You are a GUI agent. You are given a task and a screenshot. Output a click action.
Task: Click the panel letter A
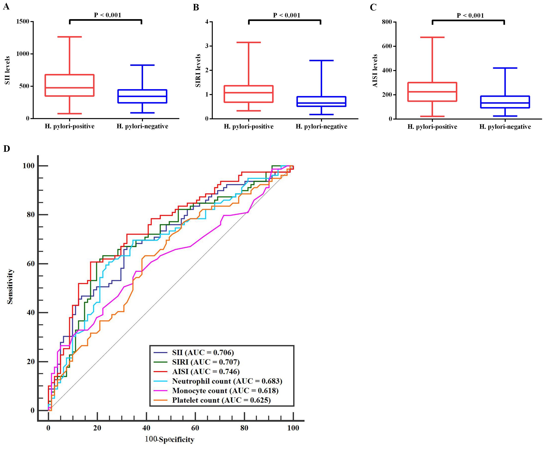(x=6, y=6)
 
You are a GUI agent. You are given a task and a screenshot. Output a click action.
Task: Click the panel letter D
(x=6, y=149)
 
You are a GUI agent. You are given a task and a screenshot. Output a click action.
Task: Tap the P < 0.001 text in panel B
(x=286, y=15)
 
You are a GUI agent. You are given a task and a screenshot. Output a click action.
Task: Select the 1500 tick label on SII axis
(x=23, y=21)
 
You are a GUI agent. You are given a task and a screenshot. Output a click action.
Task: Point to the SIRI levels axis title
(x=198, y=70)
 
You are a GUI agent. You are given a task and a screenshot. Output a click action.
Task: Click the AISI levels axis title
(x=375, y=71)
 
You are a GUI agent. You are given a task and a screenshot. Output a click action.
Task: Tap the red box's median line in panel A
(x=70, y=88)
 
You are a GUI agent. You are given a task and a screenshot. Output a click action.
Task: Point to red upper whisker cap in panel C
(x=432, y=37)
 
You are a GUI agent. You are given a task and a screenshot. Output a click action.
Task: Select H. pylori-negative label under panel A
(x=142, y=126)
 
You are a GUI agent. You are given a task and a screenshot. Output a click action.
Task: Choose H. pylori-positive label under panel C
(x=432, y=127)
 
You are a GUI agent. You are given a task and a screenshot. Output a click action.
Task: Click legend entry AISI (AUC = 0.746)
(x=206, y=372)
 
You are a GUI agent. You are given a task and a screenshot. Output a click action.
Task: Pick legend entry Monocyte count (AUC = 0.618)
(x=225, y=391)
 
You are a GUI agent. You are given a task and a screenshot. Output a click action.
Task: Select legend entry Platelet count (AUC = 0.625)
(x=221, y=400)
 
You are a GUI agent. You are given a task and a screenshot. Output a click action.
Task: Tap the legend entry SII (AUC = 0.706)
(x=203, y=352)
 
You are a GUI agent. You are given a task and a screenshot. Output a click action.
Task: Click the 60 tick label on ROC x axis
(x=195, y=428)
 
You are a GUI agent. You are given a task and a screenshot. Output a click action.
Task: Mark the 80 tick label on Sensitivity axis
(x=31, y=215)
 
